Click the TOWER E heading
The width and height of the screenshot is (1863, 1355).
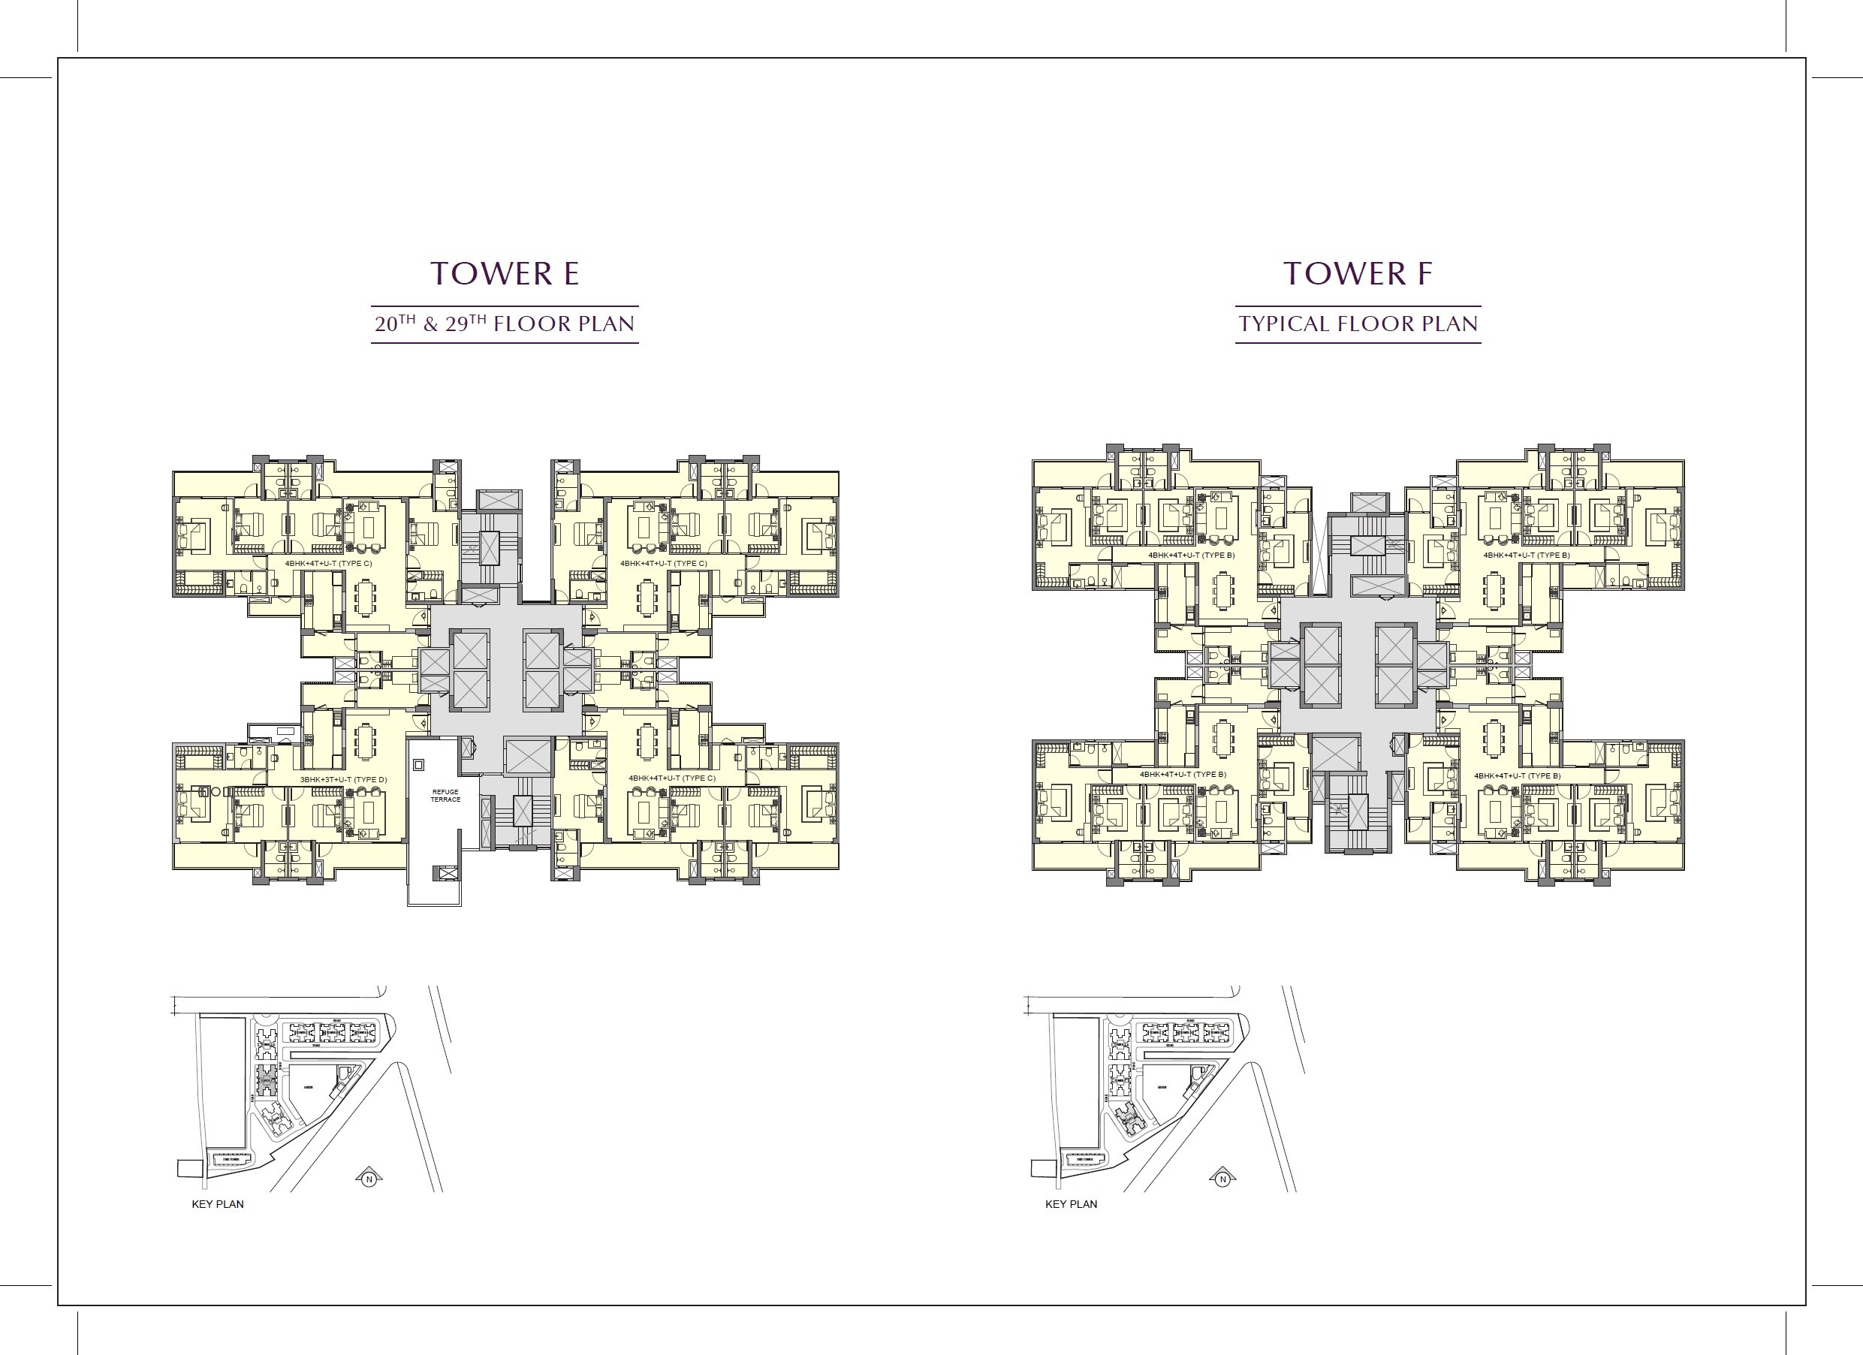(505, 273)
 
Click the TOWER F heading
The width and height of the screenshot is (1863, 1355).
(1357, 273)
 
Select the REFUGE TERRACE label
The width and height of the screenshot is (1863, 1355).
(445, 795)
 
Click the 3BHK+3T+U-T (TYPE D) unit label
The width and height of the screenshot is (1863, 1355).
(343, 778)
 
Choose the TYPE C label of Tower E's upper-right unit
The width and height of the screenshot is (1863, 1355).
(664, 563)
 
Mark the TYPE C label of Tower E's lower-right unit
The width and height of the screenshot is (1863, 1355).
(672, 778)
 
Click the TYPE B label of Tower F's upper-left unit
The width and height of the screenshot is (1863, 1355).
(1191, 556)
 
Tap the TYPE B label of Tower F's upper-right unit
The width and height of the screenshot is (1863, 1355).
(1526, 556)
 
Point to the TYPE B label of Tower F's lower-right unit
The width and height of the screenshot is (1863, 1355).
(1517, 775)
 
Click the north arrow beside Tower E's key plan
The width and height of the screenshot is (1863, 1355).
(369, 1179)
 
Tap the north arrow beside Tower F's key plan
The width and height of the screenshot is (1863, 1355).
(1223, 1179)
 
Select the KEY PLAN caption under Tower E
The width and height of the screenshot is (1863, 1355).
(218, 1204)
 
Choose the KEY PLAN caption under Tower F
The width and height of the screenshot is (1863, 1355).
(1071, 1204)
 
